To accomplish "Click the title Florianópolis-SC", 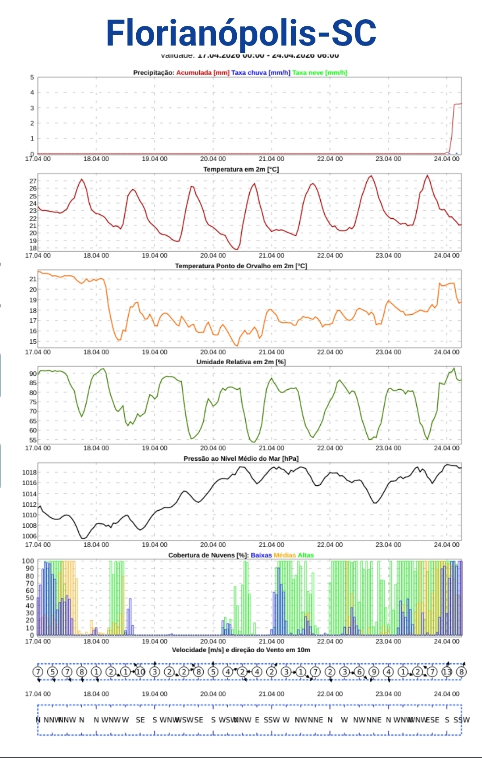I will click(x=241, y=33).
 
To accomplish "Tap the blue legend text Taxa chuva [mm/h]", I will click(x=260, y=73).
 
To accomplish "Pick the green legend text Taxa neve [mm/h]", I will click(x=319, y=73).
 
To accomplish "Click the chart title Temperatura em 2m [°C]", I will click(x=241, y=169).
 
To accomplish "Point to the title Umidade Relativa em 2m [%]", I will click(x=241, y=362).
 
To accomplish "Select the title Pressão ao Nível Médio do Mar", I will click(x=241, y=458).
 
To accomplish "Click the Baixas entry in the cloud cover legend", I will click(x=261, y=555).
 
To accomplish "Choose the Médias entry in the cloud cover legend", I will click(x=285, y=555).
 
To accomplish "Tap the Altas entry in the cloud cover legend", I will click(x=306, y=555).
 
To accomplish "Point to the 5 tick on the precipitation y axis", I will click(x=32, y=77).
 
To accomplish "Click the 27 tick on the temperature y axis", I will click(x=33, y=181).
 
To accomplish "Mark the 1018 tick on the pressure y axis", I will click(x=29, y=472).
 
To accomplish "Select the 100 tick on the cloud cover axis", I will click(x=28, y=561).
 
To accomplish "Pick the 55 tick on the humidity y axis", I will click(x=33, y=440).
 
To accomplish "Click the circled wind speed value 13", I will click(x=447, y=671).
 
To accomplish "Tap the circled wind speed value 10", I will click(x=140, y=671).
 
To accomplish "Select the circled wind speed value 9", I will click(x=374, y=671).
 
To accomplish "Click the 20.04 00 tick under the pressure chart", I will click(x=213, y=545).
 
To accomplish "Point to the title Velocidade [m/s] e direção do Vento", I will click(x=241, y=650).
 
